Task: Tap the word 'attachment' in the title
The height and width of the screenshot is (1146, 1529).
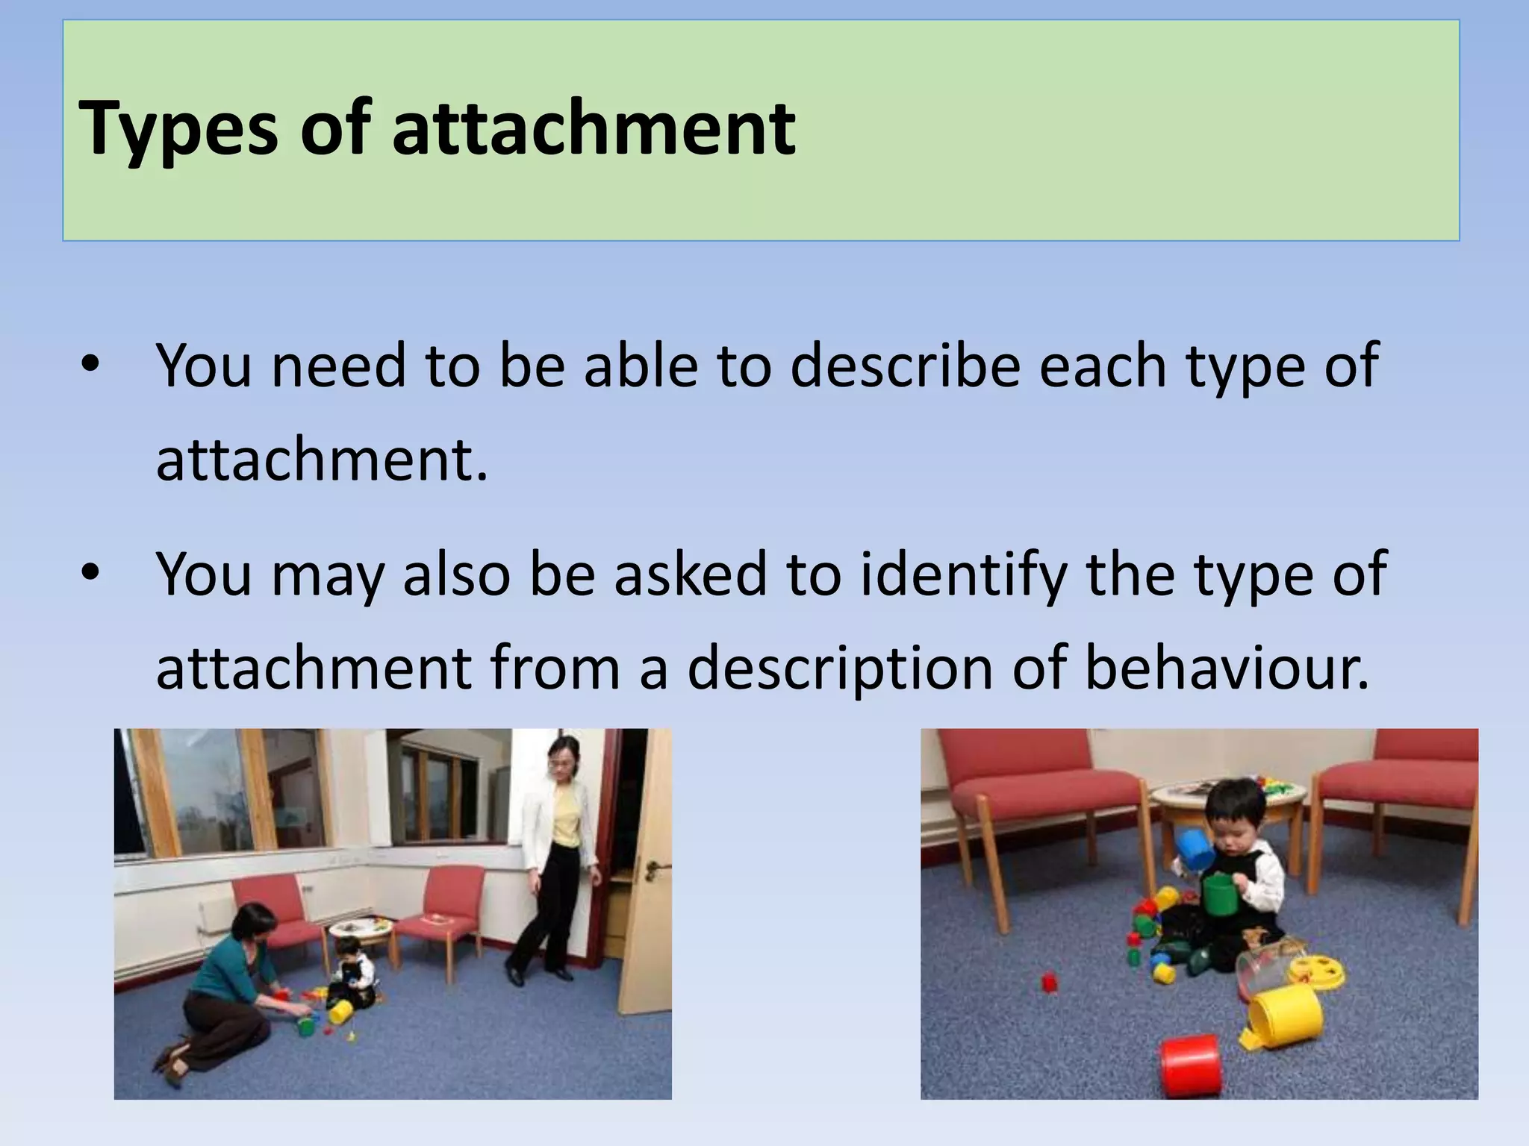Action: pyautogui.click(x=594, y=128)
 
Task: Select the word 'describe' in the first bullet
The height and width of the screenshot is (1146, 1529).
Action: pyautogui.click(x=905, y=366)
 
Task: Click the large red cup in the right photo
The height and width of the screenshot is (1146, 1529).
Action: pyautogui.click(x=1192, y=1062)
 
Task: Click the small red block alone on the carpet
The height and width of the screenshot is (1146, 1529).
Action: pyautogui.click(x=1050, y=982)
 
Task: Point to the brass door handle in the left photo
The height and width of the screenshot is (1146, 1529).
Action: pyautogui.click(x=653, y=868)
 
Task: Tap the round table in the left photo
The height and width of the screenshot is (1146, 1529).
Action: pyautogui.click(x=361, y=928)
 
